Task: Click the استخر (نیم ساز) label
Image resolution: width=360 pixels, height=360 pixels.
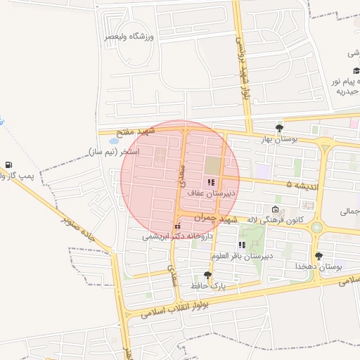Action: (115, 152)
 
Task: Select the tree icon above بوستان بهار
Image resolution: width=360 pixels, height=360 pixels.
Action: (280, 127)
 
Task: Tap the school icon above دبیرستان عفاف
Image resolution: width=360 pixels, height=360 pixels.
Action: (211, 182)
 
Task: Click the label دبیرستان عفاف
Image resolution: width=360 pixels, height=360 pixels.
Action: (212, 192)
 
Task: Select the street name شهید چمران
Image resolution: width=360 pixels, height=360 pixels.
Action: (215, 218)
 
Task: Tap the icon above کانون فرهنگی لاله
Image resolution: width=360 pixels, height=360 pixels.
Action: (275, 210)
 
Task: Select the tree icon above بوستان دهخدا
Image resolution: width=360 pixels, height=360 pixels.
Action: (319, 256)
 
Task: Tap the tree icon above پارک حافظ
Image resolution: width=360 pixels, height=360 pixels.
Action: (207, 276)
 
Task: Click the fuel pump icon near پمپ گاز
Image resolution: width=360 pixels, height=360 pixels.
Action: (8, 164)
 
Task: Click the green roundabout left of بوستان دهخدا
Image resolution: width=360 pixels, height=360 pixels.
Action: (316, 227)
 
